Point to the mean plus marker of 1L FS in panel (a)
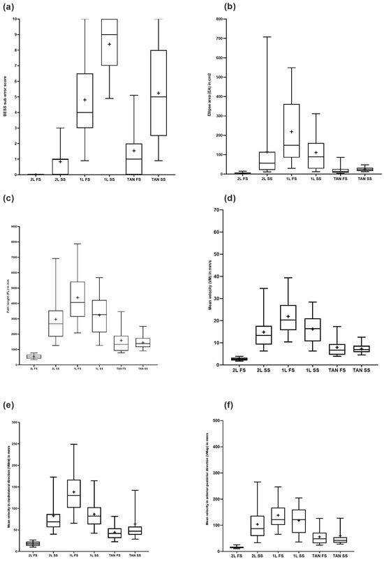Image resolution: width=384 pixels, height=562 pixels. pyautogui.click(x=84, y=100)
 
